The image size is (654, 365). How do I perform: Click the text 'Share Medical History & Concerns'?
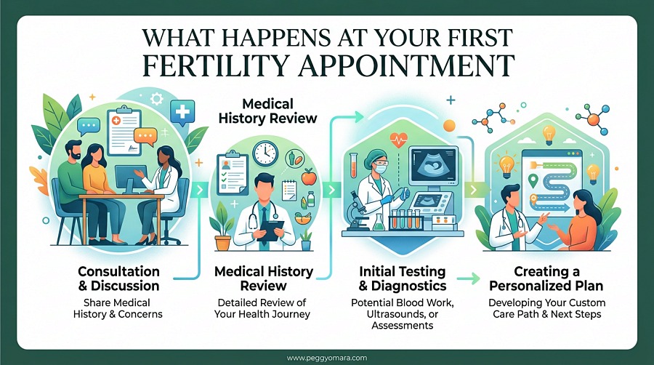[x=129, y=310]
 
